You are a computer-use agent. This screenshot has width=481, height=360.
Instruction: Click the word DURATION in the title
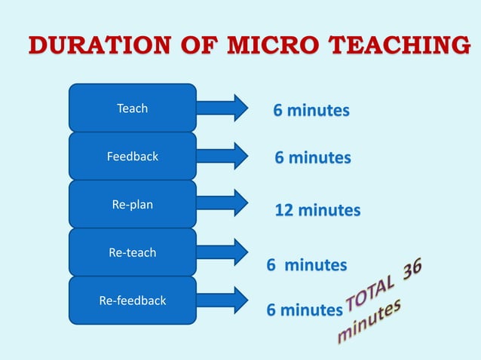coord(100,45)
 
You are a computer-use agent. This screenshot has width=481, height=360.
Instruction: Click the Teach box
coord(133,108)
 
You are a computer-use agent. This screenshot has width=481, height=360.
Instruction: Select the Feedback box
coord(133,156)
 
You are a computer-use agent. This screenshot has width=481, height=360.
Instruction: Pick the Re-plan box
coord(133,204)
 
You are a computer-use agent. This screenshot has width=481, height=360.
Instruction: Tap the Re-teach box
coord(133,252)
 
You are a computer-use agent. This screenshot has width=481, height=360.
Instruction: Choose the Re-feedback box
coord(133,301)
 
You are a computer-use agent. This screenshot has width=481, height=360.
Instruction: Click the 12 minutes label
coord(317,210)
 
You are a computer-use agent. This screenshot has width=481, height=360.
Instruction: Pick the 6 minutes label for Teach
coord(311,111)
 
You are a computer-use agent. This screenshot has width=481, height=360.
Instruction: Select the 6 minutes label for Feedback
coord(312,158)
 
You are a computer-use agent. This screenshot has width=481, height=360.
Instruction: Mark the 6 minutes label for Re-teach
coord(307,265)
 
